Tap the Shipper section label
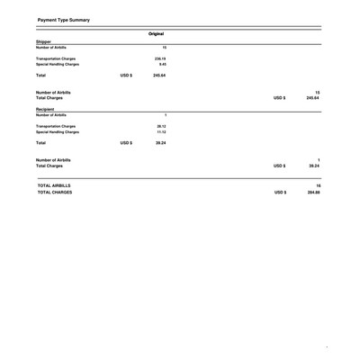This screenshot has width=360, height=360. tap(23, 41)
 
